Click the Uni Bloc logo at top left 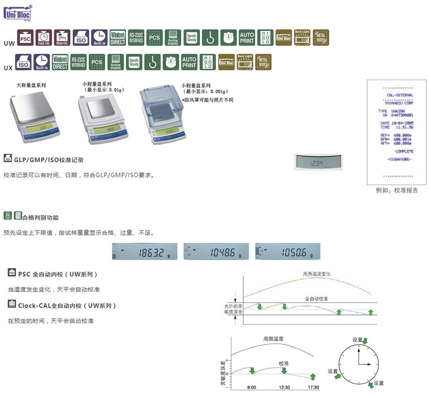17,13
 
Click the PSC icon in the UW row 25,38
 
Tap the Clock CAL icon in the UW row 44,38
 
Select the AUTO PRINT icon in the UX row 189,62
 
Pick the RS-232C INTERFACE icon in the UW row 136,38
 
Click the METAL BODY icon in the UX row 263,62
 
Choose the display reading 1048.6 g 216,252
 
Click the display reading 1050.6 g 288,252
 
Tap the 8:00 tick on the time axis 251,387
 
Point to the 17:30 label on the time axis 313,387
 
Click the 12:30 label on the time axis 284,387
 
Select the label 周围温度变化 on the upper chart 317,274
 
